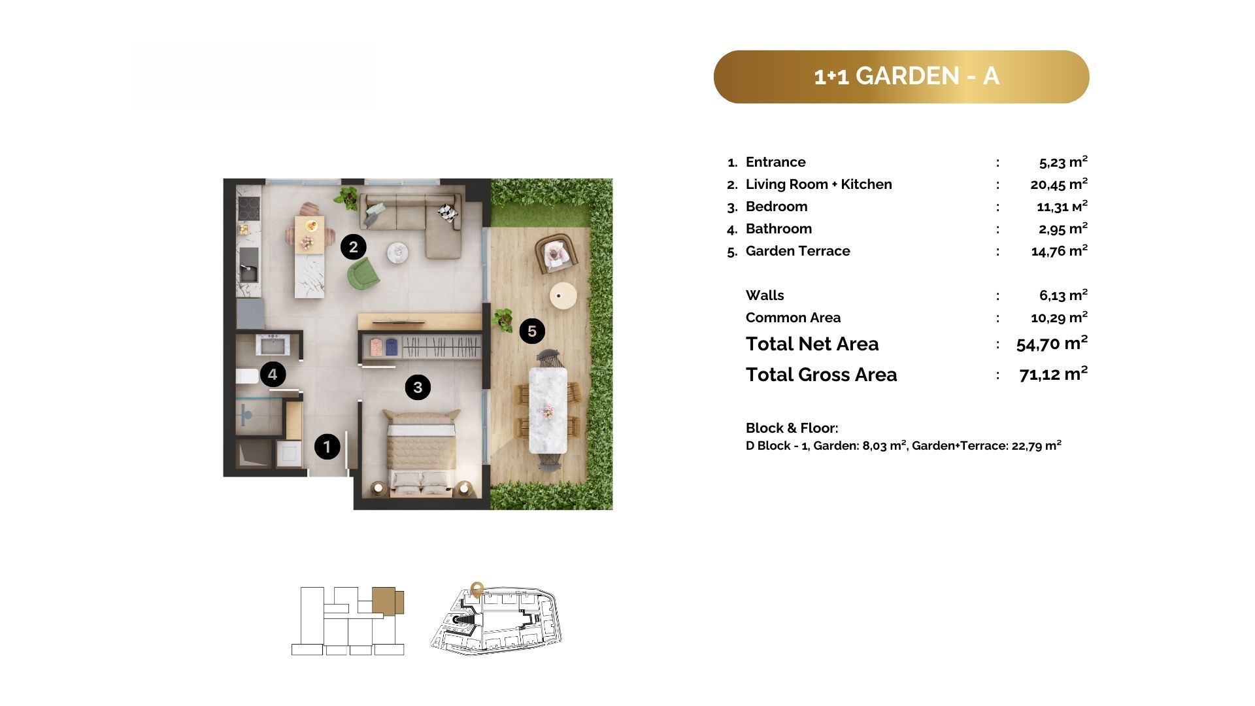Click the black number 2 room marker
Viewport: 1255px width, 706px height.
[x=354, y=247]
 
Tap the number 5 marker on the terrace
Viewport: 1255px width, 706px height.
[x=532, y=331]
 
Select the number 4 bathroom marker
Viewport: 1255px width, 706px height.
[x=273, y=375]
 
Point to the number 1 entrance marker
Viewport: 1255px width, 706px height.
[x=327, y=447]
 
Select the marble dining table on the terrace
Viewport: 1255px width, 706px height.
[x=548, y=410]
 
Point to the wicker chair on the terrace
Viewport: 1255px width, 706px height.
[x=556, y=254]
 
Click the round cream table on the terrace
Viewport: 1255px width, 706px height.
[x=563, y=295]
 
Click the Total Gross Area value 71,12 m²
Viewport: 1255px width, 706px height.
[x=1053, y=374]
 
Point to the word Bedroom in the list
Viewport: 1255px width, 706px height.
[x=777, y=207]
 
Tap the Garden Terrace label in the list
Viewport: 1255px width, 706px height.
[x=798, y=251]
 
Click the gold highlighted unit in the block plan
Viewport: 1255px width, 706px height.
[x=388, y=600]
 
